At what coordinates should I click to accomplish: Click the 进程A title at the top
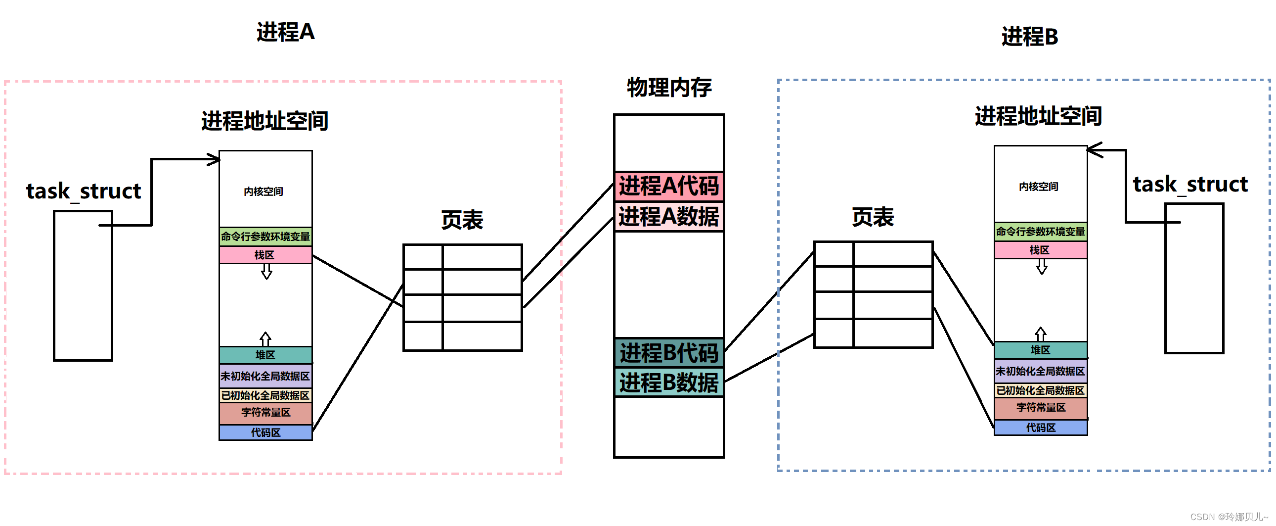pos(285,32)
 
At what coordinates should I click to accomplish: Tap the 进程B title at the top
pos(1029,37)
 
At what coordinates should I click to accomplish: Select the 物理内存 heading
pos(669,87)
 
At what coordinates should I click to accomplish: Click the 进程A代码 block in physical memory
pos(669,186)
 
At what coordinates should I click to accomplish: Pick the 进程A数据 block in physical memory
pos(669,217)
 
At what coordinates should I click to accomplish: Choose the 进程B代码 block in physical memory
pos(669,352)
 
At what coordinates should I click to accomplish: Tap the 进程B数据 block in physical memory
pos(669,382)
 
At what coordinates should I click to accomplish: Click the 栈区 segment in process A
pos(265,255)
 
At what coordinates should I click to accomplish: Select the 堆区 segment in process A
pos(265,355)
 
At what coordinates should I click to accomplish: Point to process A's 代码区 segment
pos(265,432)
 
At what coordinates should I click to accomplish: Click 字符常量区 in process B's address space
pos(1041,408)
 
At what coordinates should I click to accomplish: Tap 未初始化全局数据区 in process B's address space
pos(1040,371)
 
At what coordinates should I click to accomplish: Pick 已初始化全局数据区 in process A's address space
pos(265,395)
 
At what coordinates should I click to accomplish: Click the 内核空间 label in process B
pos(1038,187)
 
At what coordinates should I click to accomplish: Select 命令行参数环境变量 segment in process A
pos(265,237)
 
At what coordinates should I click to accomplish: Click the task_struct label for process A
pos(83,191)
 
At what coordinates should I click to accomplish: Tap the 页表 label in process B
pos(873,217)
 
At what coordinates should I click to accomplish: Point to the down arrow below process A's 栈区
pos(266,272)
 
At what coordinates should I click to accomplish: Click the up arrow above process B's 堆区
pos(1041,333)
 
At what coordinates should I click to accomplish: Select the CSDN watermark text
pos(1229,517)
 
